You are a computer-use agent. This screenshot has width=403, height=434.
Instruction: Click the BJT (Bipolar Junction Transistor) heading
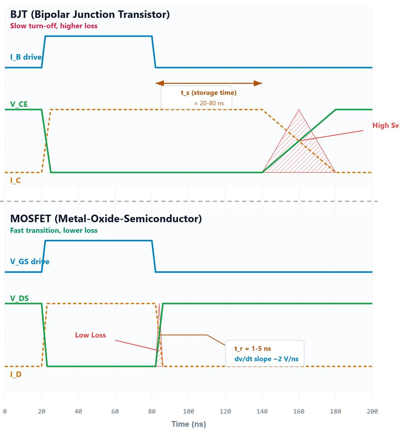(90, 15)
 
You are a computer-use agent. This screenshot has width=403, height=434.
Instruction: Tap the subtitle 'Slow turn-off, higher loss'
(54, 26)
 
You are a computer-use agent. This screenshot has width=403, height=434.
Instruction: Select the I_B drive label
(26, 57)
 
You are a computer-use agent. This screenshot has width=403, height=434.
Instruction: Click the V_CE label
(19, 104)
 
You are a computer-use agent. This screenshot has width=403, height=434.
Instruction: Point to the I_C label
(15, 180)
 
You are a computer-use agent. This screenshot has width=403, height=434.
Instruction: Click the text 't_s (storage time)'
(209, 93)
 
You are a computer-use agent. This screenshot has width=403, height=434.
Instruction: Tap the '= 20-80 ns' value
(209, 103)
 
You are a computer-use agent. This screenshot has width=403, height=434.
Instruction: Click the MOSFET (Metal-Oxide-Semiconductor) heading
(106, 219)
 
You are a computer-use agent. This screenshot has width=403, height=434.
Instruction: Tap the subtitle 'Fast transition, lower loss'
(54, 230)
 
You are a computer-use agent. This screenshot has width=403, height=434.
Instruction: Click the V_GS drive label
(30, 262)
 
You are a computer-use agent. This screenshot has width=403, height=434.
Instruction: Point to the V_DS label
(19, 298)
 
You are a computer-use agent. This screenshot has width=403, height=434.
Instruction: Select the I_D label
(16, 374)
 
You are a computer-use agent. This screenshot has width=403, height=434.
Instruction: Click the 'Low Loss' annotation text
(90, 335)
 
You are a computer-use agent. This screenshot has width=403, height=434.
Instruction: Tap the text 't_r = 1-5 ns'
(253, 349)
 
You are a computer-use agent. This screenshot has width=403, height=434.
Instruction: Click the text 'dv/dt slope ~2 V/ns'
(266, 359)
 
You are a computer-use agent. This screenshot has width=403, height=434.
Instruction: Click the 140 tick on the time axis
(262, 411)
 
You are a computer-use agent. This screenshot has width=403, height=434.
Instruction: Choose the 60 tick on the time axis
(115, 411)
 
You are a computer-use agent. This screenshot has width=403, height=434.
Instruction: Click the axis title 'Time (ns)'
(189, 424)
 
